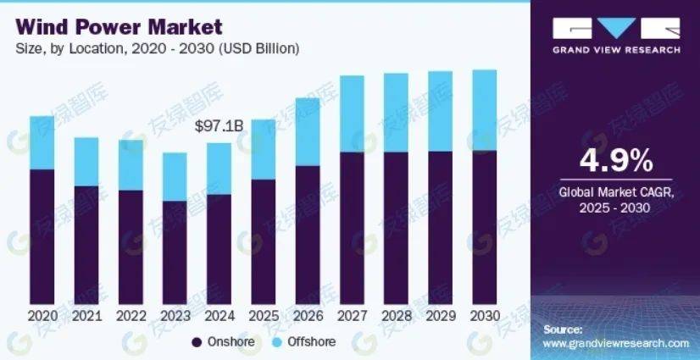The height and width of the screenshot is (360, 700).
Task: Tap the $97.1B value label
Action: click(219, 126)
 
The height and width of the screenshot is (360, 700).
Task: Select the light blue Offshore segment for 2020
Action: click(42, 142)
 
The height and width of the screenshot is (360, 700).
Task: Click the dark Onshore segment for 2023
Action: click(175, 252)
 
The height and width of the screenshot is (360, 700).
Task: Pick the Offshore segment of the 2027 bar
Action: click(352, 114)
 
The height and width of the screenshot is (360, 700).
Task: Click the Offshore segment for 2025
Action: click(263, 149)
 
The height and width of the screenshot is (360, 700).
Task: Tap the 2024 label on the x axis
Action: click(219, 315)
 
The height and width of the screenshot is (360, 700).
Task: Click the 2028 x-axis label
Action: click(396, 315)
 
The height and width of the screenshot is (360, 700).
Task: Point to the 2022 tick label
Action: click(131, 315)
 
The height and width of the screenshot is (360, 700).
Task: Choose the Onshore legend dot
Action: click(197, 342)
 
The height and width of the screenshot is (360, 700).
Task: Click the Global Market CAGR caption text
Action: click(616, 193)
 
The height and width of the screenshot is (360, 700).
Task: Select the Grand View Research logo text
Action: click(616, 50)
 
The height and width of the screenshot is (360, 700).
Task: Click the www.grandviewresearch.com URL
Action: click(615, 343)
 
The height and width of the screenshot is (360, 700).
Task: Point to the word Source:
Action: click(563, 328)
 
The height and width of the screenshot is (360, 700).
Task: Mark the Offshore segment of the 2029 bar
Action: click(440, 111)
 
